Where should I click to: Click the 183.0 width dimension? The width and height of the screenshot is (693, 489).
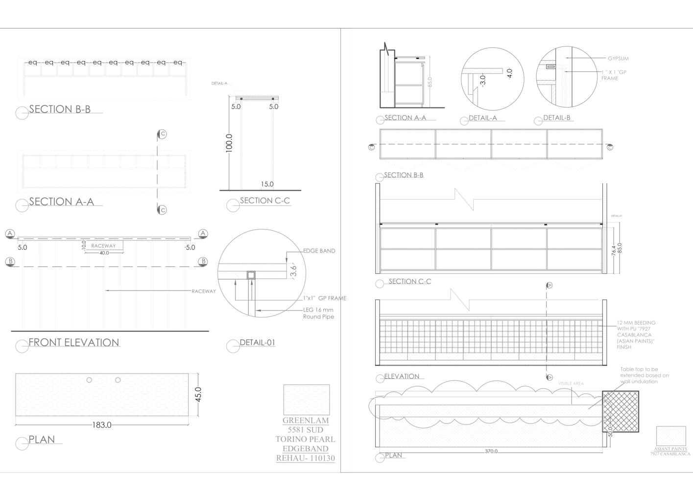pos(102,425)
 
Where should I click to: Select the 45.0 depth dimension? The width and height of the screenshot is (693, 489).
pos(198,394)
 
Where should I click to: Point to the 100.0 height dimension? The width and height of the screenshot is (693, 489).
pos(229,143)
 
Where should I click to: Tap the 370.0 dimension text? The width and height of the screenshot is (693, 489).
pos(491,451)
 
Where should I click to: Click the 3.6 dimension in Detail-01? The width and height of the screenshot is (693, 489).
pos(293,271)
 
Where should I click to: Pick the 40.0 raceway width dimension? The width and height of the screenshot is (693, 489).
pos(104,253)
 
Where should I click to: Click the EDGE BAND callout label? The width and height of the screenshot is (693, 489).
pos(319,251)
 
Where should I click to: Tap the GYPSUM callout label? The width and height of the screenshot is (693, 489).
pos(618,59)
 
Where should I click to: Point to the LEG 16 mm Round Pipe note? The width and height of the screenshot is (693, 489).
pos(318,313)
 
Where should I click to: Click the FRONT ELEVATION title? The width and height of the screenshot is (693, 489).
pos(74,342)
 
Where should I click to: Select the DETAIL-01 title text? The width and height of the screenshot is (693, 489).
pos(258,342)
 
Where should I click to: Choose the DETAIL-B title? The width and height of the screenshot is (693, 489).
pos(557,118)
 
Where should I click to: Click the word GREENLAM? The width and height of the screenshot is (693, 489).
pos(306,421)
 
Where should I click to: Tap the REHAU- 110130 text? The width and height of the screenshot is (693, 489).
pos(306,458)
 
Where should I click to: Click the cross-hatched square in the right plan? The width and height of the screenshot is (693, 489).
pos(621,411)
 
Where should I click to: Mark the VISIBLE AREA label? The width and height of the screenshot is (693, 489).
pos(571,383)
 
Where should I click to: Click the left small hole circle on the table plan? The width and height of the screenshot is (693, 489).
pos(89,380)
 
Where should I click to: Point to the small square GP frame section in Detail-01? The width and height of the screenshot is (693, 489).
pos(251,276)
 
